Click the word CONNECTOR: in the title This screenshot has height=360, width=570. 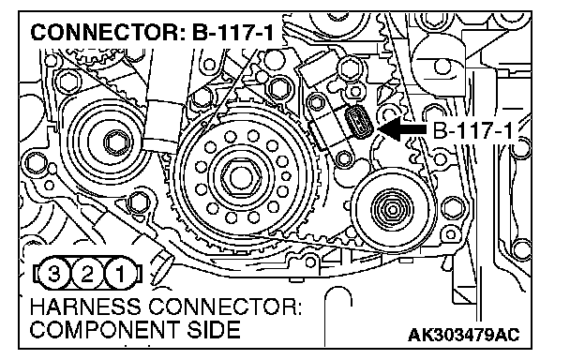click(x=108, y=32)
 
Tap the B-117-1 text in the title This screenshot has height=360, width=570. click(x=233, y=32)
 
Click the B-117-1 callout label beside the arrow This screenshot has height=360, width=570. click(x=472, y=130)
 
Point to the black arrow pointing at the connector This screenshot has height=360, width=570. click(x=402, y=128)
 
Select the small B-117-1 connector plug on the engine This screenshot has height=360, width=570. click(x=358, y=121)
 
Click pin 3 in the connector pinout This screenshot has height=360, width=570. click(x=53, y=274)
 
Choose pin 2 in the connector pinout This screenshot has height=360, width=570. click(x=87, y=274)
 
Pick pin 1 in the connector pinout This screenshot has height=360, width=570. click(x=120, y=274)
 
